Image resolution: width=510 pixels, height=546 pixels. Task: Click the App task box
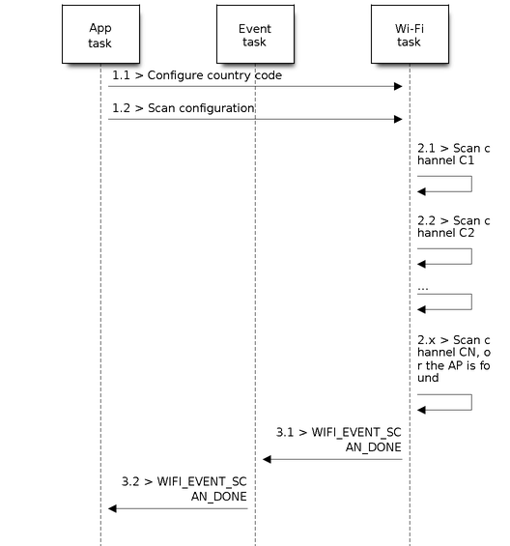[100, 34]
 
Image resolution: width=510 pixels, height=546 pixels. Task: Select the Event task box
[255, 34]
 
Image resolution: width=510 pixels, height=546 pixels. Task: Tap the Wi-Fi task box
[410, 34]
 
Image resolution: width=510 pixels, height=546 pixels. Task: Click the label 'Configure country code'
[214, 75]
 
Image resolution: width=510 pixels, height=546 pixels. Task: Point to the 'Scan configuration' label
[201, 108]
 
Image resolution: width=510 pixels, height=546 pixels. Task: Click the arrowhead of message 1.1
[398, 86]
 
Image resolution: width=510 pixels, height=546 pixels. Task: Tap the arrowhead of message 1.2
[398, 119]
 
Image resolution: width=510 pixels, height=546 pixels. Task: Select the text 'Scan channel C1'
[454, 155]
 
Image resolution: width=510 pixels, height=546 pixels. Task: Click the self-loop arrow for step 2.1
[471, 184]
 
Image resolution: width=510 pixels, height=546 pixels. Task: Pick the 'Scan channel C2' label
[454, 227]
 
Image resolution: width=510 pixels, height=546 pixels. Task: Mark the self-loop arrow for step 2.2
[471, 256]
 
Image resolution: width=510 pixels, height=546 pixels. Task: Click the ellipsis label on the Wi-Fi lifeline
[423, 289]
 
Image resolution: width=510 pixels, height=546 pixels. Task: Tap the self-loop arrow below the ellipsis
[471, 302]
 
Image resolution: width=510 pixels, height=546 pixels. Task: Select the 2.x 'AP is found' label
[454, 359]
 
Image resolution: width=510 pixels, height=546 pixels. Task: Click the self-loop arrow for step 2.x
[471, 402]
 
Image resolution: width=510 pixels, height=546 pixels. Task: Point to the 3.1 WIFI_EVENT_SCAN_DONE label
[338, 440]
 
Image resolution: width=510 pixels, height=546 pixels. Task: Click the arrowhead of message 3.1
[267, 459]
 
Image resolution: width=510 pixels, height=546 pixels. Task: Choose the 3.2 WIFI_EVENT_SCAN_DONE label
[184, 489]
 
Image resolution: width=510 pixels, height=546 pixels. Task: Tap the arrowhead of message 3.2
[112, 508]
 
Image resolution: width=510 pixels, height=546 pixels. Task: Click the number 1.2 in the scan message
[121, 108]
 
